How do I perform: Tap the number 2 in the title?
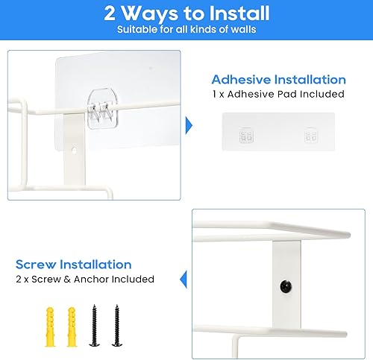tap(110, 13)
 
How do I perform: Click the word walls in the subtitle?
tap(242, 30)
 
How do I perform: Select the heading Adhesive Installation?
tap(278, 79)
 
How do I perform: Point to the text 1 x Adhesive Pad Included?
tap(278, 94)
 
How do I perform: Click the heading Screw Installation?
tap(74, 265)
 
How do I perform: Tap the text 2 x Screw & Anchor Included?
tap(85, 279)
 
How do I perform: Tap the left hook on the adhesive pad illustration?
tap(244, 137)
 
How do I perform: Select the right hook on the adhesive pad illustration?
tap(310, 137)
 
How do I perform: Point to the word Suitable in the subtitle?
tap(137, 30)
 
